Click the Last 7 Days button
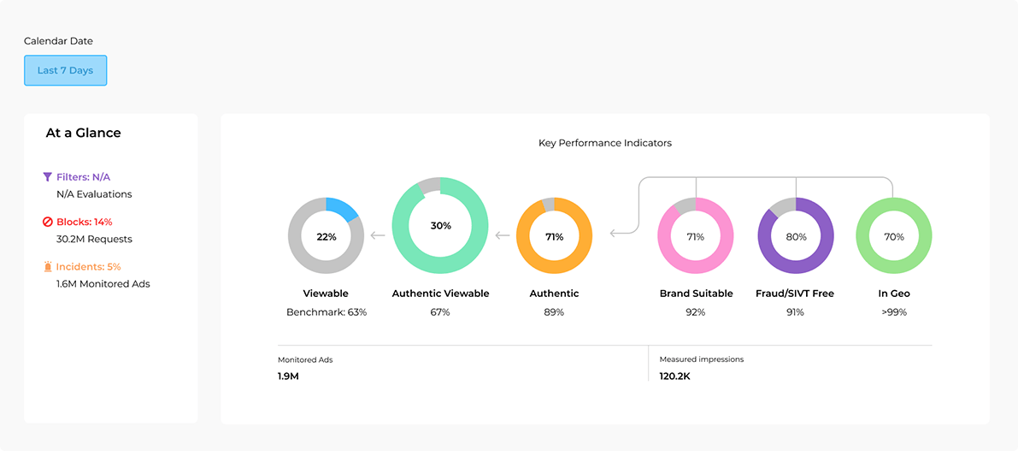point(65,70)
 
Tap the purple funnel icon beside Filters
point(48,177)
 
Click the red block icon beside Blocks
point(48,222)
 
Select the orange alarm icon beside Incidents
point(48,267)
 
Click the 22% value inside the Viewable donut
point(327,237)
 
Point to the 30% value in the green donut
point(440,226)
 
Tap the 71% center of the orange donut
point(554,237)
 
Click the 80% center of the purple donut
point(796,237)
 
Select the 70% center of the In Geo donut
point(893,237)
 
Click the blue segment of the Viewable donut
point(344,210)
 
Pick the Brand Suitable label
point(696,294)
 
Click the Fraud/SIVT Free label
point(796,294)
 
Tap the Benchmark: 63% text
point(327,312)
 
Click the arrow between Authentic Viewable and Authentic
point(503,234)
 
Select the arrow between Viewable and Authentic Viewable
point(377,234)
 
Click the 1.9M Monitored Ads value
point(288,376)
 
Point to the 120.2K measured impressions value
point(674,376)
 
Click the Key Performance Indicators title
point(604,143)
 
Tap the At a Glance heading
point(83,133)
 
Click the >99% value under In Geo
point(894,312)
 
